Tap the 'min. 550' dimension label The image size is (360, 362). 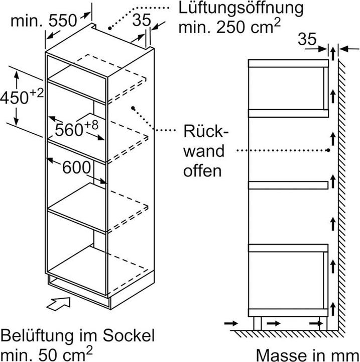tap(44, 21)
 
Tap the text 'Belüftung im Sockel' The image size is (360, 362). tap(78, 335)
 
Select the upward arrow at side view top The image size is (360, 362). tap(333, 51)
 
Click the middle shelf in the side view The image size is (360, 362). tap(289, 185)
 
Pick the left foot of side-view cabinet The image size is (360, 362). tap(257, 323)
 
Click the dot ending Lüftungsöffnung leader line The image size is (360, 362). tap(110, 24)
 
